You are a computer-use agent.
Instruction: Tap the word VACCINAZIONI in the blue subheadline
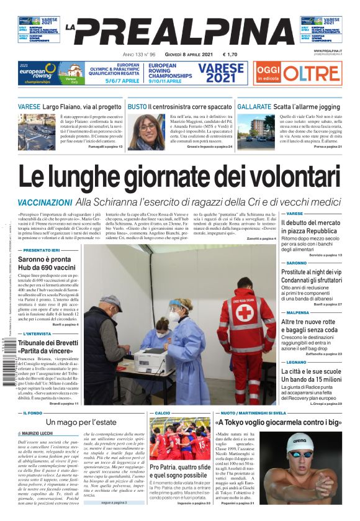tap(45, 202)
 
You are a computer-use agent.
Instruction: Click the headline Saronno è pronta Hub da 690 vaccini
tap(48, 263)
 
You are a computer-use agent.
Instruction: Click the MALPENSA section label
tap(298, 312)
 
